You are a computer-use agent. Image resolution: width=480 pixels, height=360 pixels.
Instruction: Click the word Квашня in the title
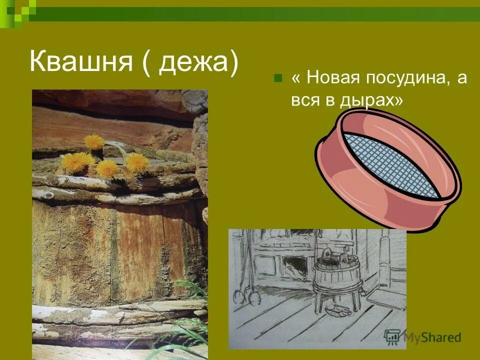pyautogui.click(x=80, y=63)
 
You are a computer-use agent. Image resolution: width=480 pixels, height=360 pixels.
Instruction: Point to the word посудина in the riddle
pyautogui.click(x=408, y=78)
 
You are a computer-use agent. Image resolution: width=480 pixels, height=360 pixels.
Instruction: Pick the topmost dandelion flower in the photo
pyautogui.click(x=93, y=141)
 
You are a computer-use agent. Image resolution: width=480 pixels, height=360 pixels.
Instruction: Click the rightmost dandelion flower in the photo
pyautogui.click(x=137, y=162)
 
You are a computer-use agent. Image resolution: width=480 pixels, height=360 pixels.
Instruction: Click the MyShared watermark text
pyautogui.click(x=432, y=337)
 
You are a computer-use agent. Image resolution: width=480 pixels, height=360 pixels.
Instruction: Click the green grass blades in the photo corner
pyautogui.click(x=190, y=325)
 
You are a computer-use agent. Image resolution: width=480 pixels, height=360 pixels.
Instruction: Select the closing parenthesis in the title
pyautogui.click(x=231, y=63)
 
